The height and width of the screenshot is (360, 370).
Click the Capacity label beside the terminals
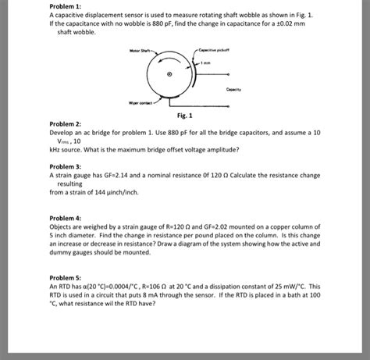click(x=234, y=89)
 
